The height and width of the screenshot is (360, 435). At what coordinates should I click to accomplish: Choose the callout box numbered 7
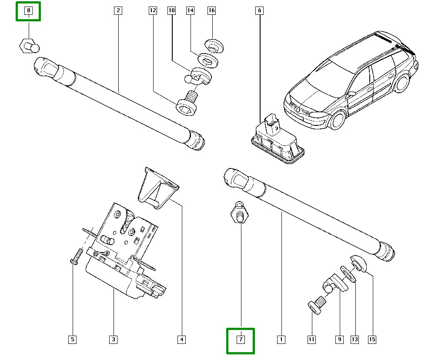click(x=241, y=339)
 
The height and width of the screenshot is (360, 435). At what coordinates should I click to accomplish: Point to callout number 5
click(x=72, y=339)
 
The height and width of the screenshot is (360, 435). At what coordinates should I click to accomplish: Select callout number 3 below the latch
click(x=113, y=339)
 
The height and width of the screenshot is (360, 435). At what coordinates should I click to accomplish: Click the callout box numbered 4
click(x=181, y=339)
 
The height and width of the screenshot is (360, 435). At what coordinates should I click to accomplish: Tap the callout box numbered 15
click(x=372, y=339)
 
